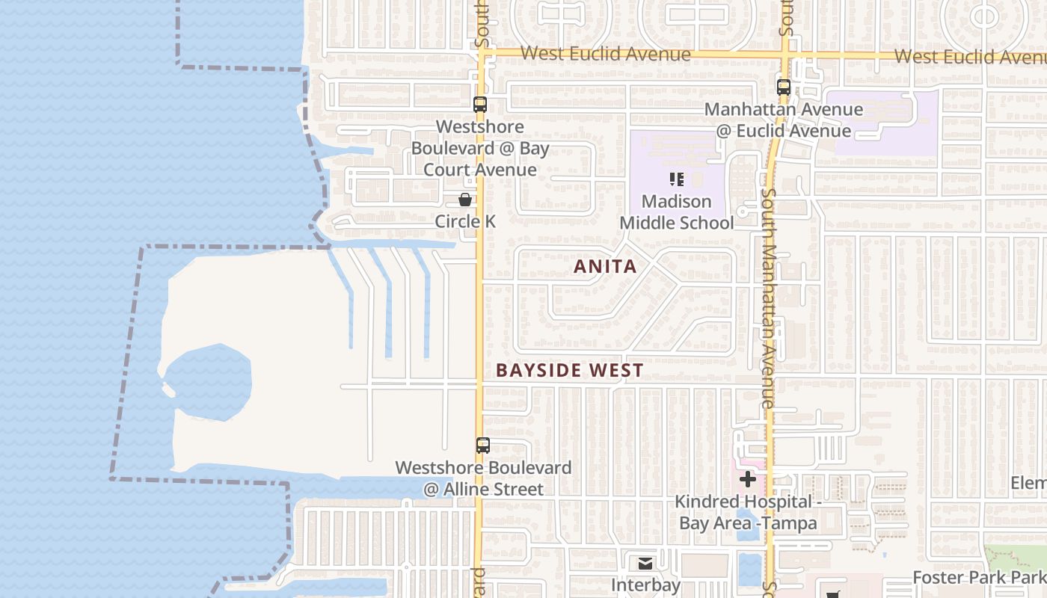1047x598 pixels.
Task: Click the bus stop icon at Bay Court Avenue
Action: tap(480, 105)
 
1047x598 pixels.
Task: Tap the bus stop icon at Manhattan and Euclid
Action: tap(784, 87)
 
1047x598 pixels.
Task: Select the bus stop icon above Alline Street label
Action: tap(483, 446)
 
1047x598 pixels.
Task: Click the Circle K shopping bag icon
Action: tap(465, 200)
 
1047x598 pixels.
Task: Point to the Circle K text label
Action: tap(465, 222)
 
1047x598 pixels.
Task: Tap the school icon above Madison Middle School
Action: tap(677, 179)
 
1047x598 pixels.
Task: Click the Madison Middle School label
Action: tap(677, 212)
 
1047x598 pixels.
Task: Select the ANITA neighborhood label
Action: tap(605, 267)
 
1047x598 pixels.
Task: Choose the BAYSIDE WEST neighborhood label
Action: tap(569, 371)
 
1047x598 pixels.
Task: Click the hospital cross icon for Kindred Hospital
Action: tap(747, 479)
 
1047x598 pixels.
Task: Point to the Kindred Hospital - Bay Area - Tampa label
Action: tap(748, 512)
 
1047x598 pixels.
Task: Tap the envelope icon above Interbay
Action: tap(645, 564)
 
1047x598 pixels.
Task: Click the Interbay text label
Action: tap(646, 585)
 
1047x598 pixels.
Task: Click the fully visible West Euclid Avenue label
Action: tap(605, 54)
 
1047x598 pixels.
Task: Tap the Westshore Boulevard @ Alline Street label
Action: tap(483, 478)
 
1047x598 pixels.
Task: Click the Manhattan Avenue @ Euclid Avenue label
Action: tap(784, 120)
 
